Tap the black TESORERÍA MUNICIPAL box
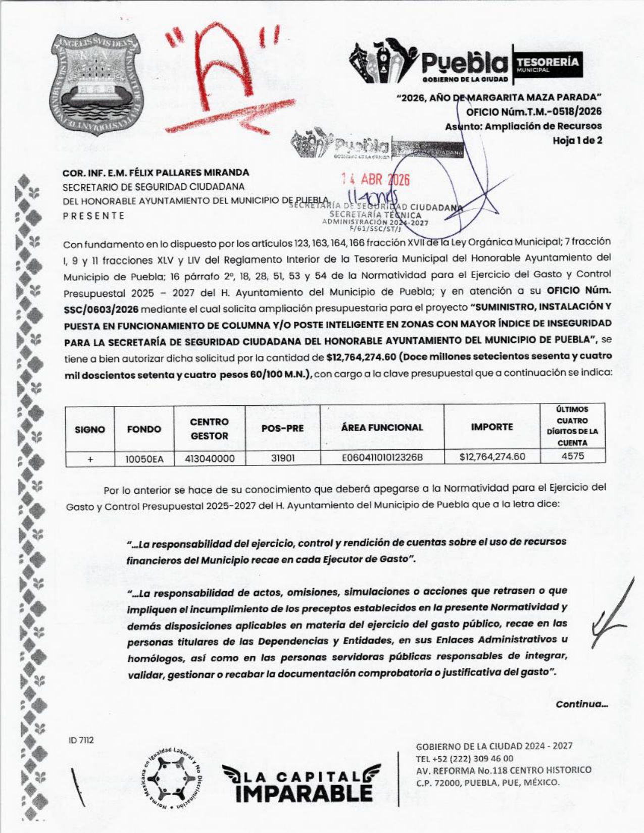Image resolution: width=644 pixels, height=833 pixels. coord(547,65)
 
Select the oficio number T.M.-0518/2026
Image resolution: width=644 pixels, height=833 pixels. coord(534,112)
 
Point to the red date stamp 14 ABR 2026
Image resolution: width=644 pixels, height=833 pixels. coord(375,180)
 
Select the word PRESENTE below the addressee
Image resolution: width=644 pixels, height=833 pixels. coord(93,216)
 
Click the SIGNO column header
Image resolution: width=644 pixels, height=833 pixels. coord(90,430)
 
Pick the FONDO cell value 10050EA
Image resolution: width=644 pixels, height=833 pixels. coord(144,459)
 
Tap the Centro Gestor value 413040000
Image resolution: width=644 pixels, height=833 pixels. coord(209,459)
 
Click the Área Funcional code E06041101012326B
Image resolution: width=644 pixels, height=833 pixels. coord(382,458)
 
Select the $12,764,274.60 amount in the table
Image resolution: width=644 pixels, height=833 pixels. coord(492,457)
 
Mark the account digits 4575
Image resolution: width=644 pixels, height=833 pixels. coord(572,456)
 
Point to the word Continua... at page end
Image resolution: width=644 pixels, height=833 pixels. coord(581,704)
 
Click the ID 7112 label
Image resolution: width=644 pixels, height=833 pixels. coord(81,740)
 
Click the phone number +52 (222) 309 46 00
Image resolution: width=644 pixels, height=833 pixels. coord(464,758)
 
